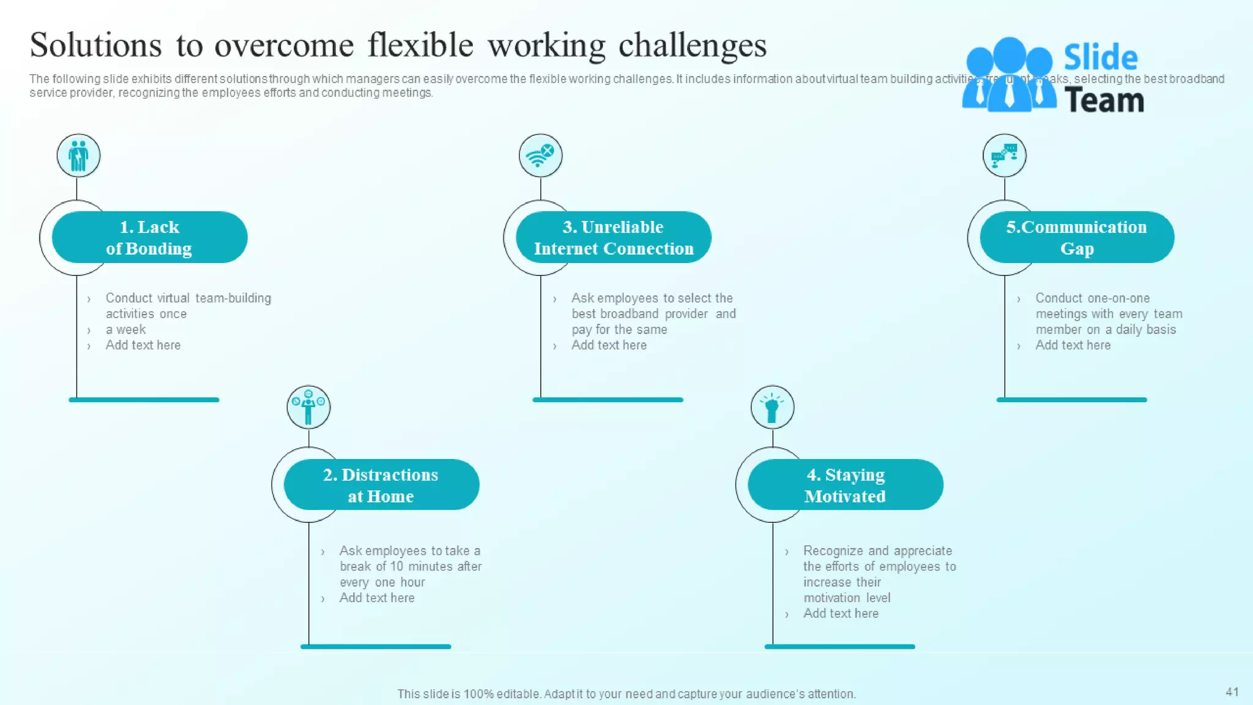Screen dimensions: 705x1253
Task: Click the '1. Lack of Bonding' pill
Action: click(149, 237)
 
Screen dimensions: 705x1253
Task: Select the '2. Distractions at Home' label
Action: click(381, 485)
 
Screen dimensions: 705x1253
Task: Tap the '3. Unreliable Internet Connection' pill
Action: click(613, 237)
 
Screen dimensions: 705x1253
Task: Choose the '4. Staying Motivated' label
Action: click(845, 485)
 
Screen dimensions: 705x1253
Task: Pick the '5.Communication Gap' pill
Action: click(1076, 237)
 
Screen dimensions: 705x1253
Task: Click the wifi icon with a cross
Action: click(540, 155)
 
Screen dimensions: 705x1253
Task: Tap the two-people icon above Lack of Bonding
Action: click(78, 155)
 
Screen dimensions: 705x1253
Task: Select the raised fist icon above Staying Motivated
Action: click(772, 408)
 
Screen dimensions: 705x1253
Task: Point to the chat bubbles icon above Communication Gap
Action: click(1004, 155)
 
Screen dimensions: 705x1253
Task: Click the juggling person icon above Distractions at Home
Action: click(308, 408)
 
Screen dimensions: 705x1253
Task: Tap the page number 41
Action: click(1232, 692)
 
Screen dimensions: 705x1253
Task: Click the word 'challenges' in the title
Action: click(692, 46)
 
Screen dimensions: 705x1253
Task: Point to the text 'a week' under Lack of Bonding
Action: click(125, 330)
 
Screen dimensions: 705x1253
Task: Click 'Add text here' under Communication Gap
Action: click(1073, 345)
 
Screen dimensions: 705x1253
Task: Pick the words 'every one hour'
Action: click(382, 582)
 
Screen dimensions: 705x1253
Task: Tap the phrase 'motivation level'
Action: click(847, 598)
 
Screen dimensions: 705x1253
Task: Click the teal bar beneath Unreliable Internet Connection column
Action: click(608, 400)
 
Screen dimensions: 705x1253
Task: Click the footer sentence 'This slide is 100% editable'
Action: click(626, 694)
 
